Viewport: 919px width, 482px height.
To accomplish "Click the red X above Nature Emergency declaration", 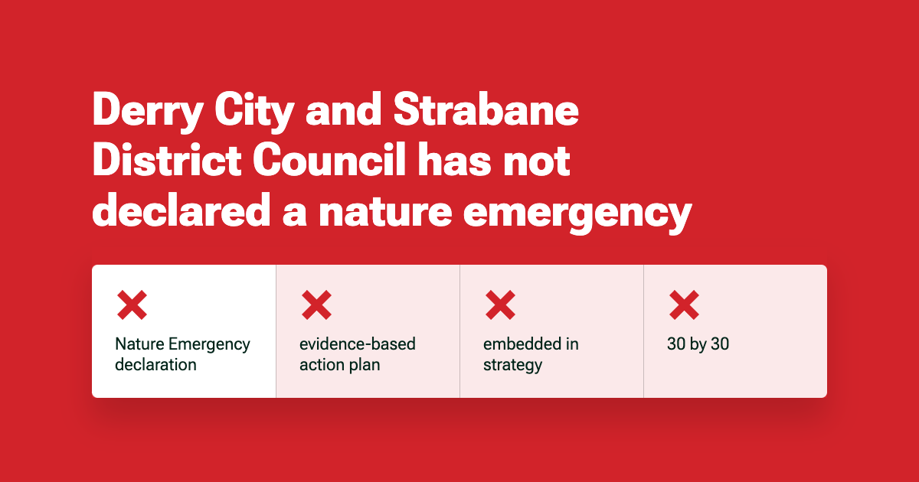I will pyautogui.click(x=132, y=305).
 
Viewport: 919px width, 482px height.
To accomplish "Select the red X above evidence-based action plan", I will pyautogui.click(x=316, y=305).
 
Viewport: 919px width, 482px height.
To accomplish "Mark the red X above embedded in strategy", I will pyautogui.click(x=500, y=305).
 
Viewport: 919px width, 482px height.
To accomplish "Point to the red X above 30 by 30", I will pyautogui.click(x=684, y=305).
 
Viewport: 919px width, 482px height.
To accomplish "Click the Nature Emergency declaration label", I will pyautogui.click(x=182, y=354).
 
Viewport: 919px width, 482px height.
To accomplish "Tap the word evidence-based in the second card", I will pyautogui.click(x=357, y=344).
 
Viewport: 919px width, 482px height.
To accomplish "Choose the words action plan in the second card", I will pyautogui.click(x=339, y=365).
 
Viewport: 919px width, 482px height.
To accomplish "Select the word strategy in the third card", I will pyautogui.click(x=512, y=365).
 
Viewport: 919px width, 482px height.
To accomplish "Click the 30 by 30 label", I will pyautogui.click(x=698, y=344).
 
